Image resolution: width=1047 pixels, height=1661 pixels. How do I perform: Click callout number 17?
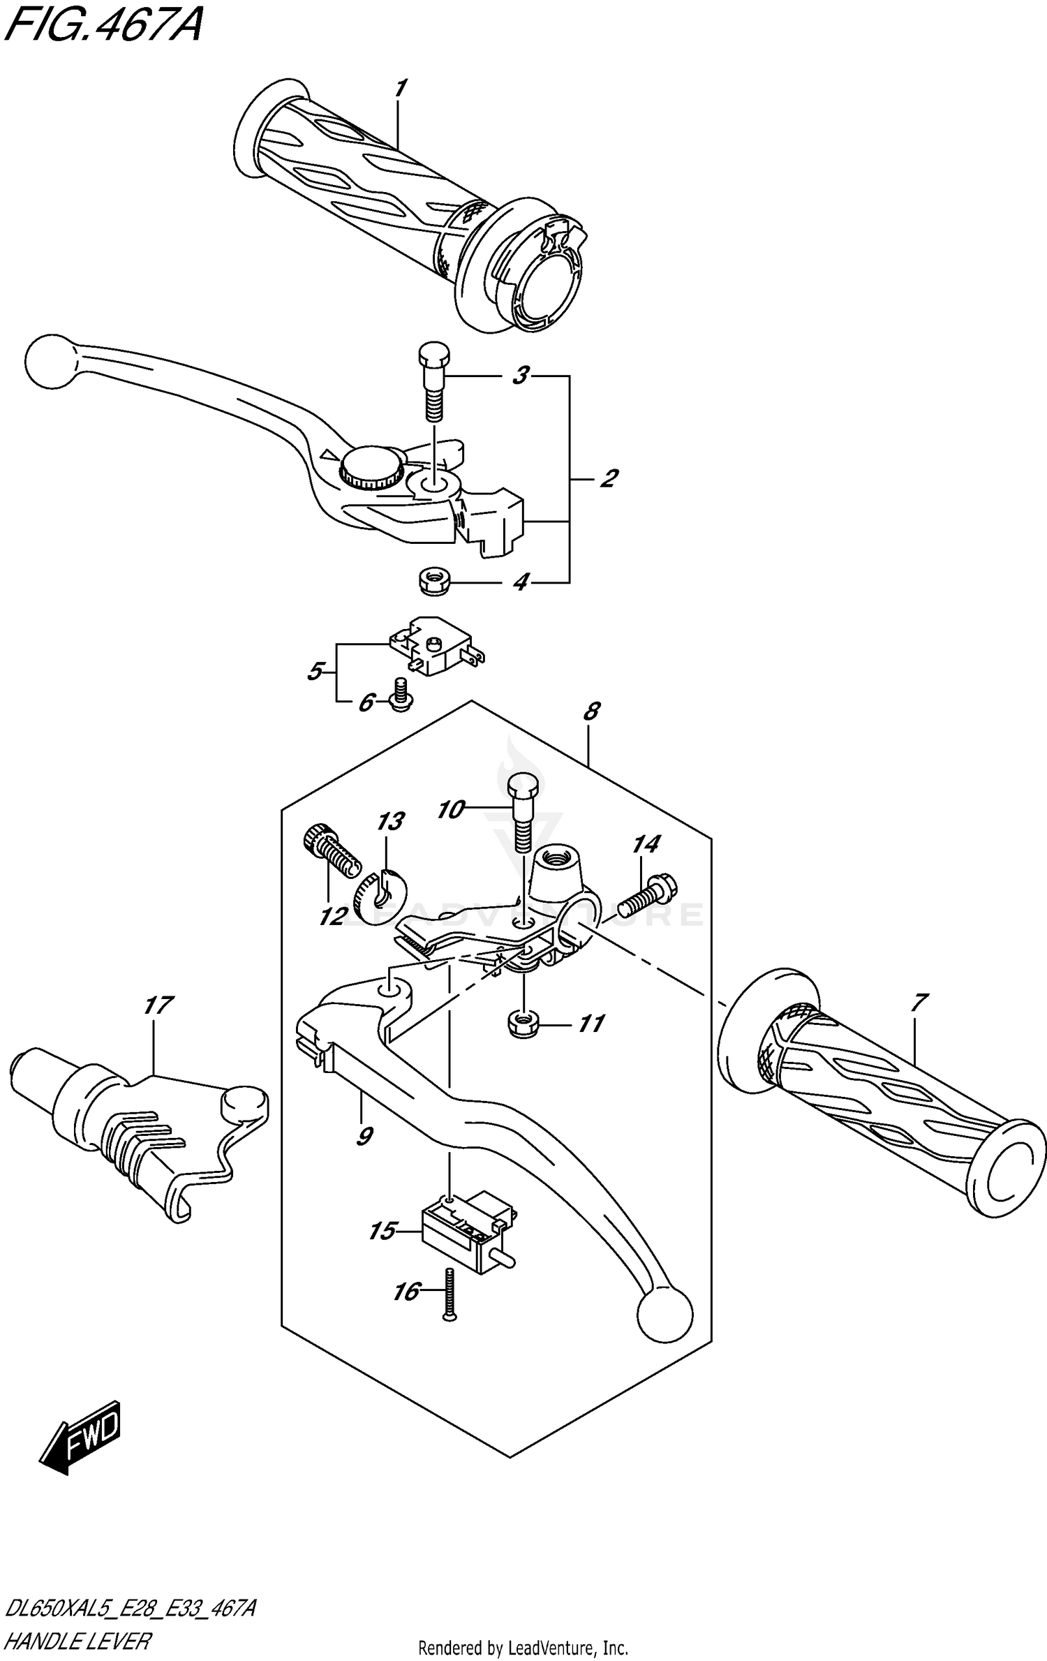(158, 1005)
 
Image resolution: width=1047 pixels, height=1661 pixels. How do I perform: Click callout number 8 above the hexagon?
(591, 711)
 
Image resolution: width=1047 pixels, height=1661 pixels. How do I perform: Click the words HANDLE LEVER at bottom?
(78, 1641)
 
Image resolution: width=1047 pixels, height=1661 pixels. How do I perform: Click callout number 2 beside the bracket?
(608, 479)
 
